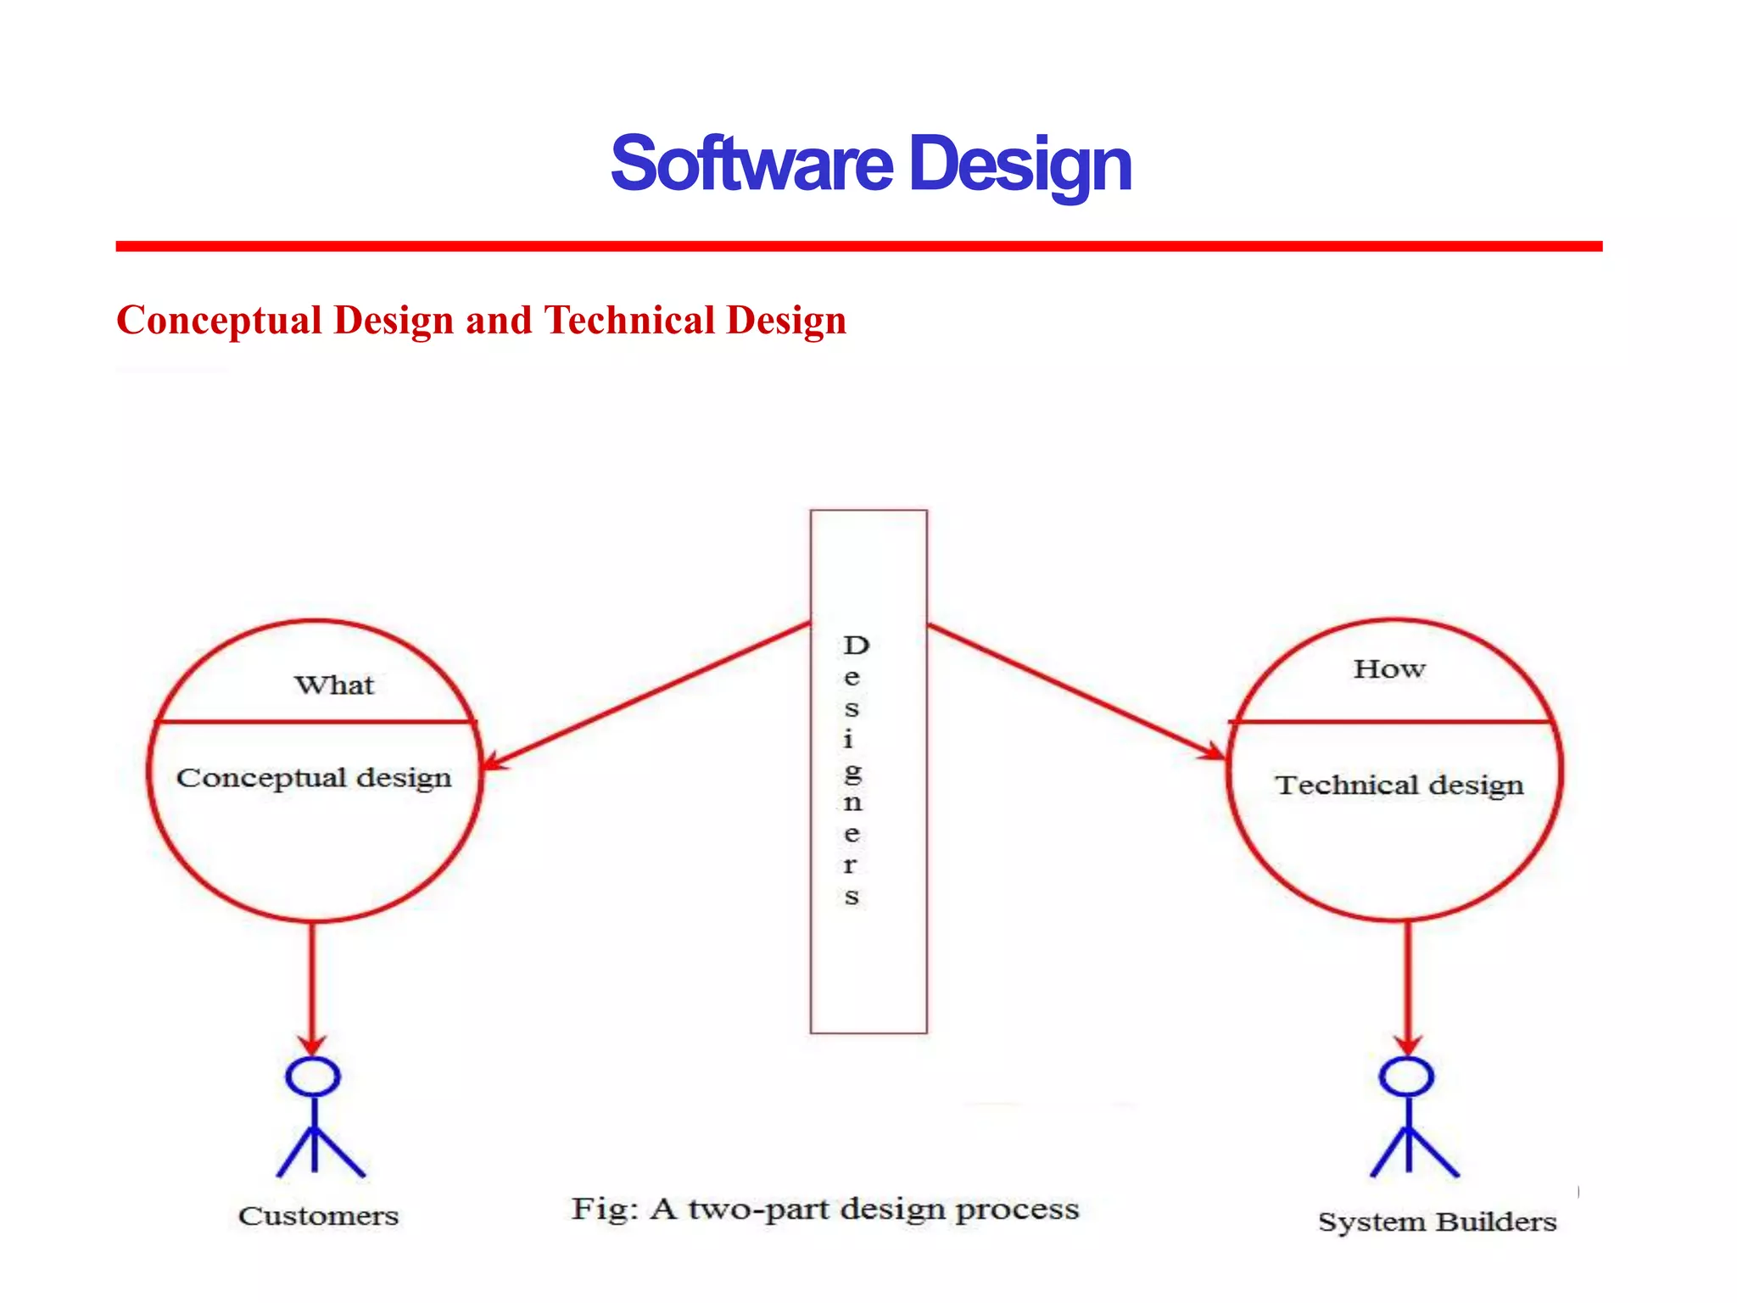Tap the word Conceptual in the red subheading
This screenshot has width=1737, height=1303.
(x=220, y=321)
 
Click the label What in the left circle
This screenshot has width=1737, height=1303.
(x=334, y=685)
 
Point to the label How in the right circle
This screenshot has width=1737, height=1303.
(x=1389, y=669)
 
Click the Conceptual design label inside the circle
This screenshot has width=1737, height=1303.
(x=314, y=778)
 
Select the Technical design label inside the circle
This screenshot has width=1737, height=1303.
(x=1399, y=786)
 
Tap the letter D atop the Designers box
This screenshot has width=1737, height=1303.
(x=856, y=646)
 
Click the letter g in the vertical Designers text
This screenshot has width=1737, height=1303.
(x=853, y=771)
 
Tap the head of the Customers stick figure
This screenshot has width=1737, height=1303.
(x=313, y=1077)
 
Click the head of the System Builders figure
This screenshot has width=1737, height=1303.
(x=1406, y=1077)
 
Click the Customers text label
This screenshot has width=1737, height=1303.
(x=318, y=1216)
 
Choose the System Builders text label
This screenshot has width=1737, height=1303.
(x=1437, y=1222)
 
